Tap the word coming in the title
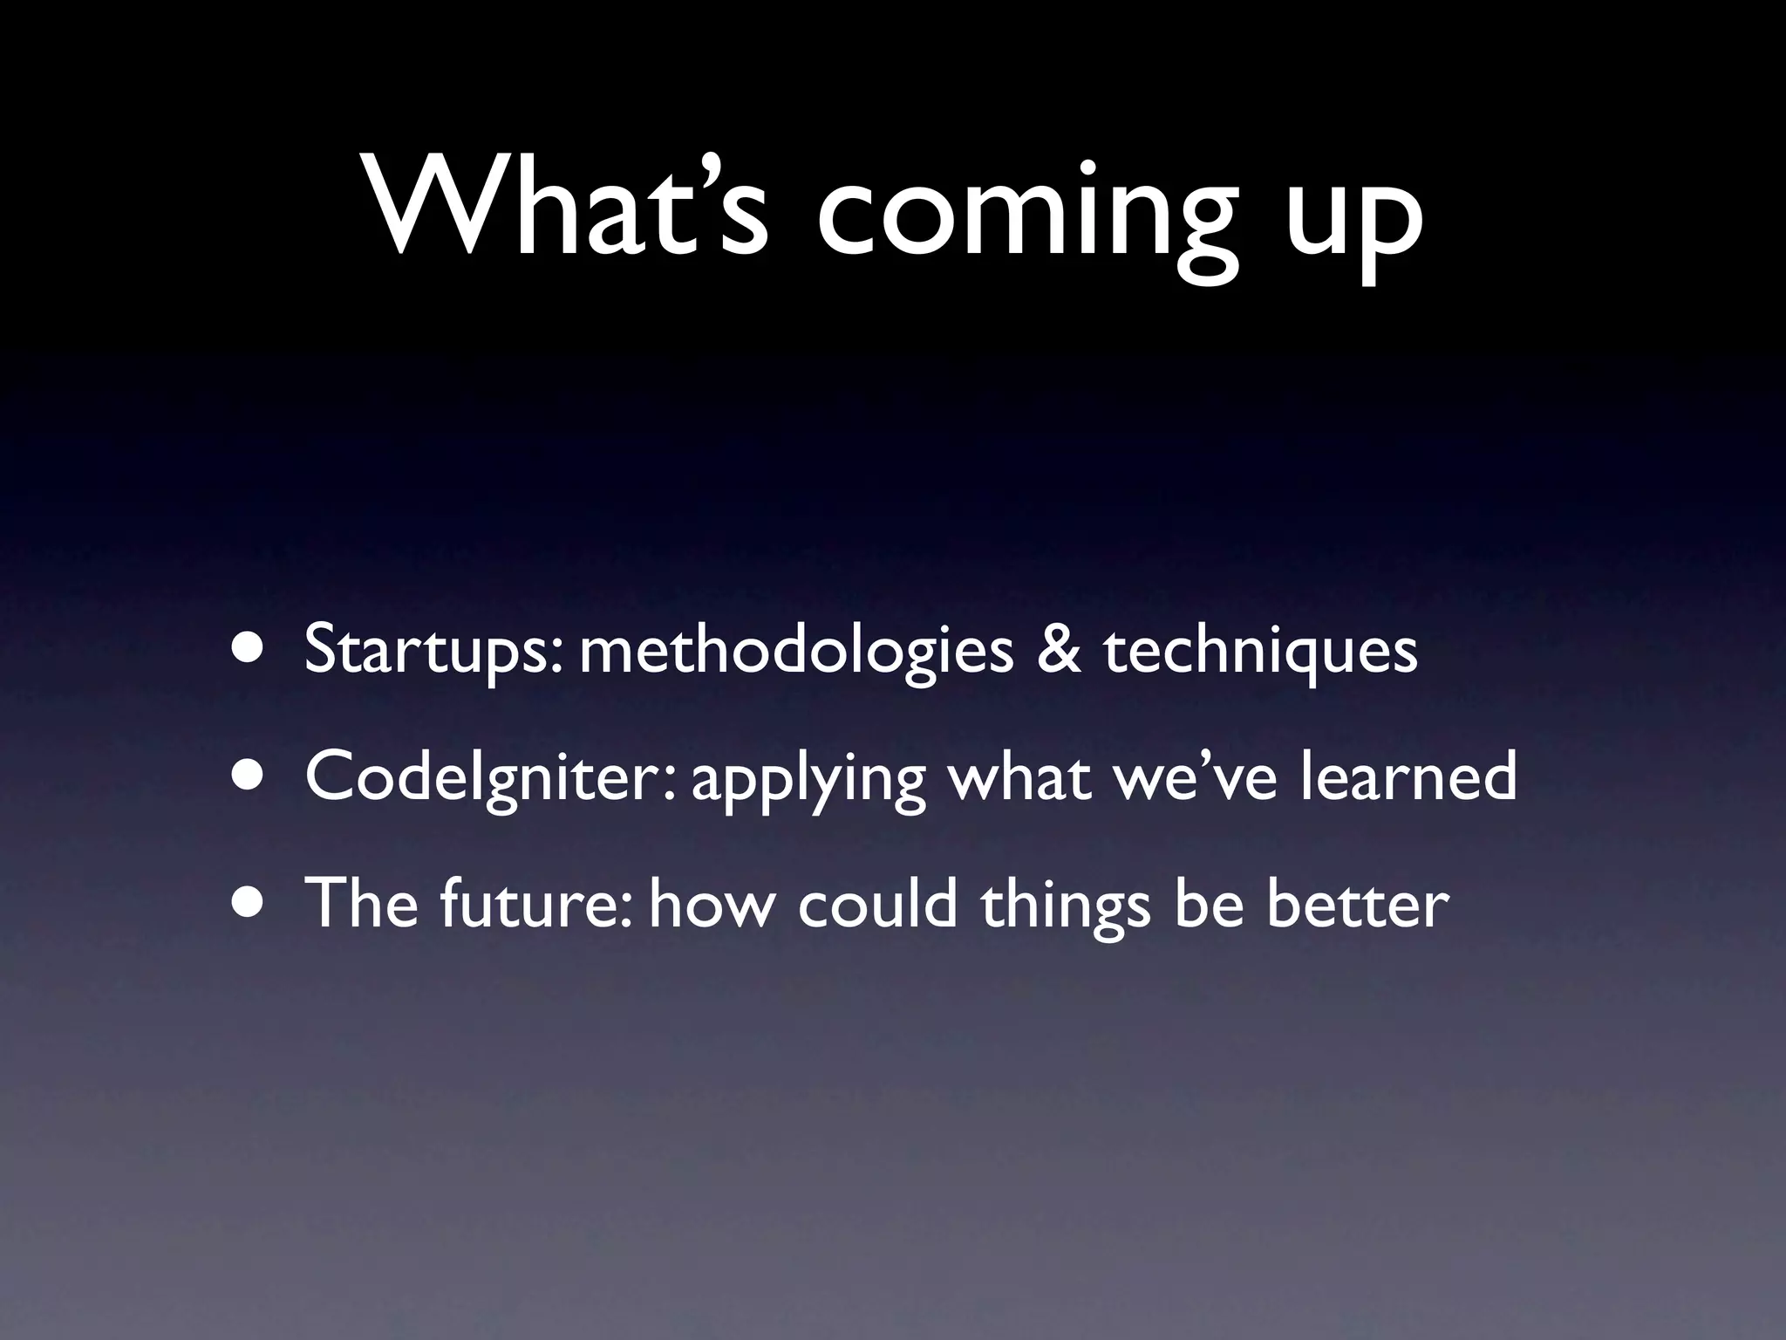1026,214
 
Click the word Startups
439,652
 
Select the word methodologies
796,652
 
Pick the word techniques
1260,652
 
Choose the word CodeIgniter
489,777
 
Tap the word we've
1194,777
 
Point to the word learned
1408,776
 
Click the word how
712,903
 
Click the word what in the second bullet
1019,777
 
